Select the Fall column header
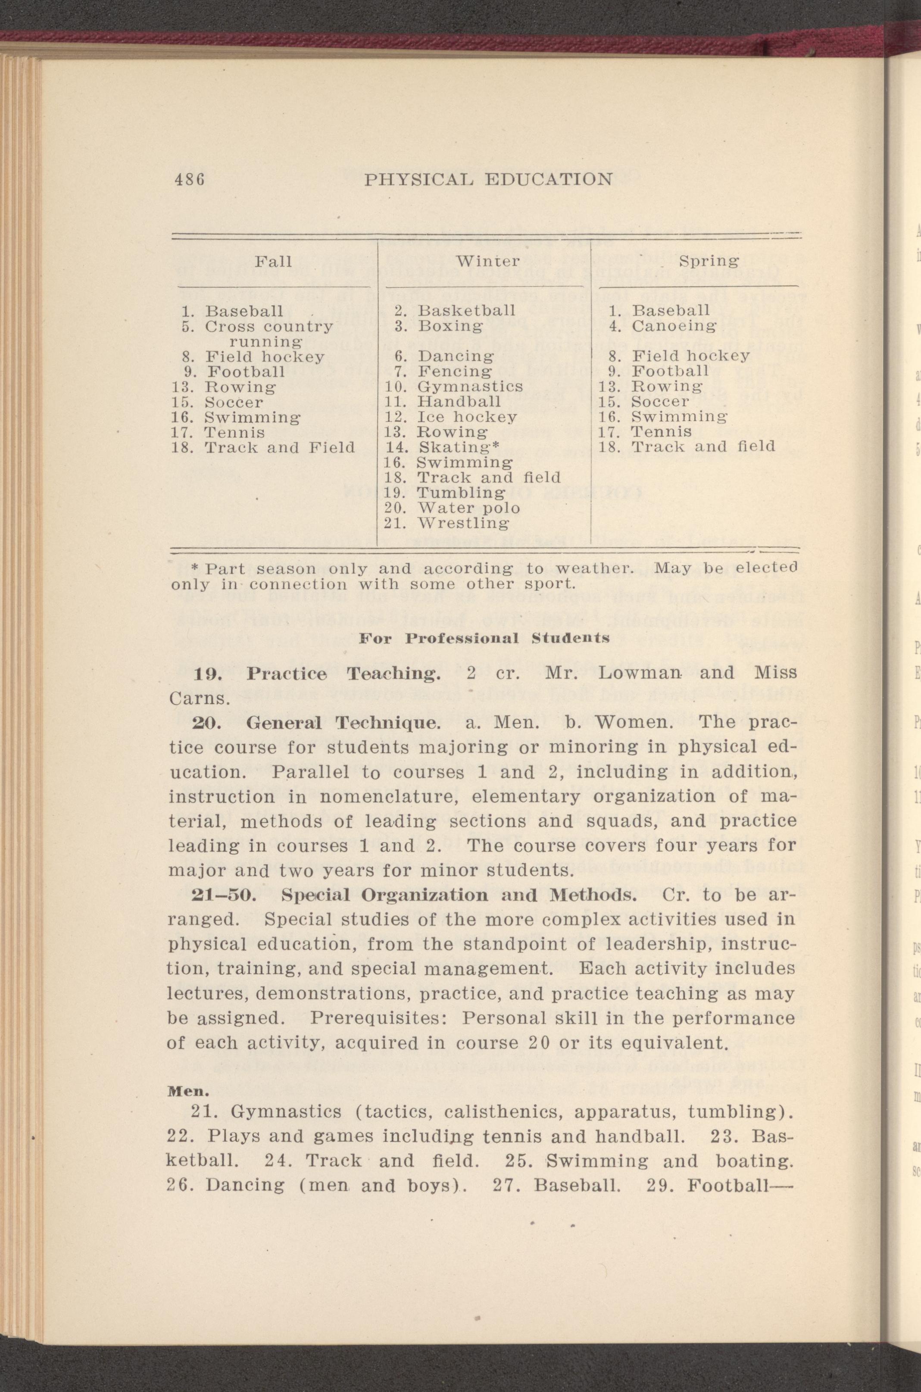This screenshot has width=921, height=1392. [x=273, y=261]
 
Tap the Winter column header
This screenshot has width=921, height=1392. [x=488, y=261]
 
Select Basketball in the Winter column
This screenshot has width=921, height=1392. [x=466, y=310]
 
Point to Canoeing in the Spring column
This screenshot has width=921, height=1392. [x=674, y=325]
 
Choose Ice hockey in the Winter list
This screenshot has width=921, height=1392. [x=467, y=417]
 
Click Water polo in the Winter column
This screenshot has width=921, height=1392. [x=468, y=508]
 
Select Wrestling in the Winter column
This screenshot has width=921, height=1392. [x=464, y=523]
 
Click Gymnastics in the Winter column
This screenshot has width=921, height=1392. [x=470, y=387]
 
